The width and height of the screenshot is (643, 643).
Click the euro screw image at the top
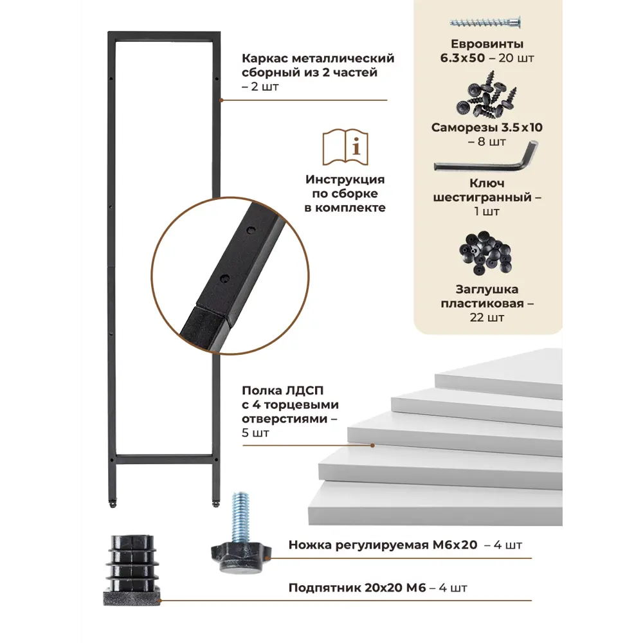[x=485, y=22]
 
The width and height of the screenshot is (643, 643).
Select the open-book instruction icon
[x=345, y=147]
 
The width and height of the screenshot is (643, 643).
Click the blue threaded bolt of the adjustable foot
[x=241, y=517]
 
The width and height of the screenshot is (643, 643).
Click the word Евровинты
[x=487, y=44]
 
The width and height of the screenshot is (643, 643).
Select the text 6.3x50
[x=462, y=58]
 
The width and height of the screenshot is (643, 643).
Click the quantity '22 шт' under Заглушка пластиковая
[x=487, y=318]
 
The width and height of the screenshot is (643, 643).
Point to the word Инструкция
[x=345, y=179]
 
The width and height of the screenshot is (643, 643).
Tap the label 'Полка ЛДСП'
[x=282, y=390]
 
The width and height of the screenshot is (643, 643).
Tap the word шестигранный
[x=482, y=197]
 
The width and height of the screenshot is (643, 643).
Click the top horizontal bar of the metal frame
[x=164, y=36]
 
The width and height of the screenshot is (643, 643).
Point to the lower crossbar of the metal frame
[x=164, y=458]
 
